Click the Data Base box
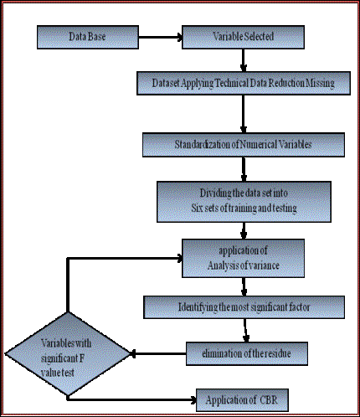(x=88, y=37)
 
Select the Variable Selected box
(x=243, y=37)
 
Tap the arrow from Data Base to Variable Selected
(x=161, y=37)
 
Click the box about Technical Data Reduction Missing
(x=244, y=83)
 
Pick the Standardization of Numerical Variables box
(x=244, y=145)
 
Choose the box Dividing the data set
(x=244, y=202)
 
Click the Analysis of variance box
(x=243, y=258)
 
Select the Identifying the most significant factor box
(x=244, y=307)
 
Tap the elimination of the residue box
(x=247, y=353)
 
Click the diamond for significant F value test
(x=68, y=353)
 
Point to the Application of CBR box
(x=242, y=400)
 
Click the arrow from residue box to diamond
(x=158, y=353)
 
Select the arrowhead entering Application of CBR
(x=193, y=400)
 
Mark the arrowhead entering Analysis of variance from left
(x=179, y=259)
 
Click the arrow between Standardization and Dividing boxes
(x=244, y=169)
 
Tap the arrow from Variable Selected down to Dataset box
(x=244, y=60)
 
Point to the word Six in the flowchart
(x=197, y=208)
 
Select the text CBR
(x=269, y=400)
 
